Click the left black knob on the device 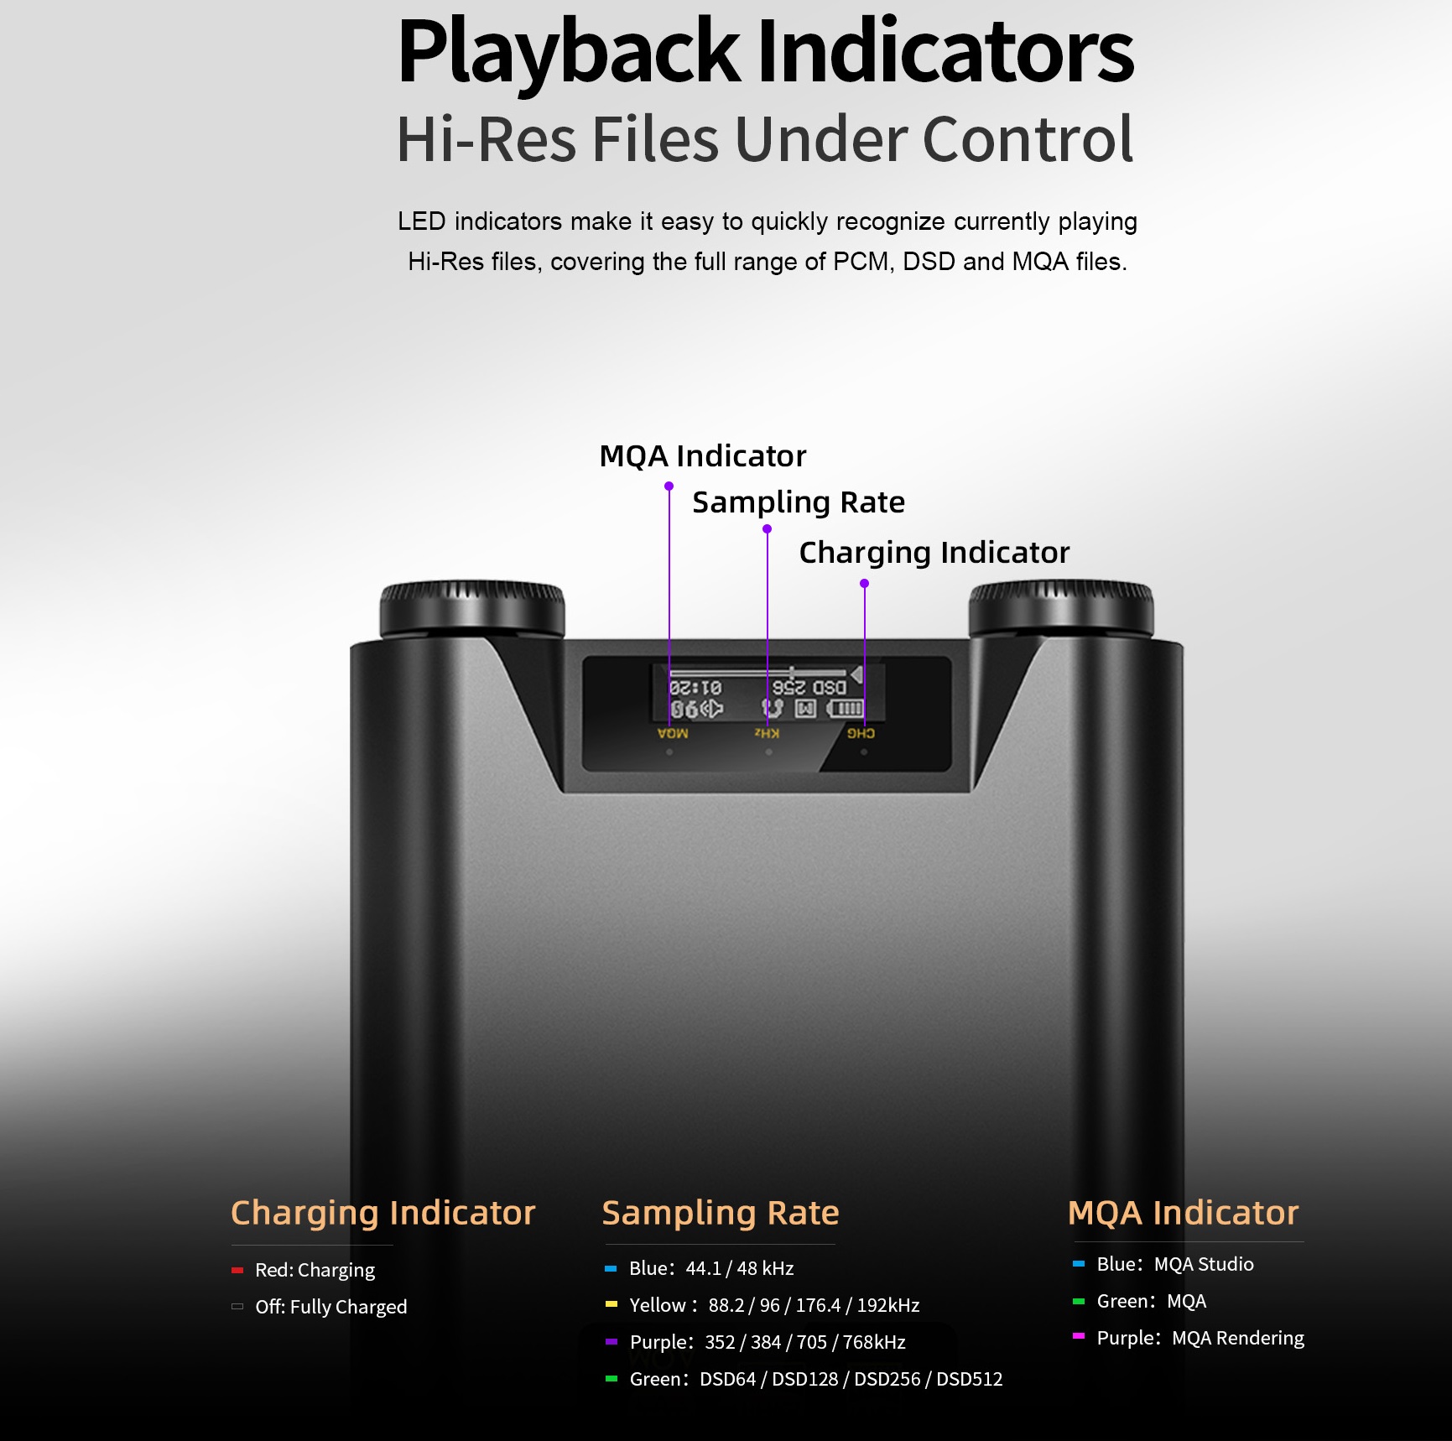472,609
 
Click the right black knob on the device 1061,609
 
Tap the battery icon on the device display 845,710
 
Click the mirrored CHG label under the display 861,734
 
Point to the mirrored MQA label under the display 673,734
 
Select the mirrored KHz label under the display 767,734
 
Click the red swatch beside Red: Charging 237,1270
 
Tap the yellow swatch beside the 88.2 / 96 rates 611,1304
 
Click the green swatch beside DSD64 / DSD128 611,1378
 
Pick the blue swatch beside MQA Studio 1079,1263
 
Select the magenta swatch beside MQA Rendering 1079,1336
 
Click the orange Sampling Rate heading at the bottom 721,1213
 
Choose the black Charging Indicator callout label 934,553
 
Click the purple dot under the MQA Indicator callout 669,486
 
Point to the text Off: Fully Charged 331,1307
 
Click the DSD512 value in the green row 970,1379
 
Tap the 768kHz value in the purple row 875,1342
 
